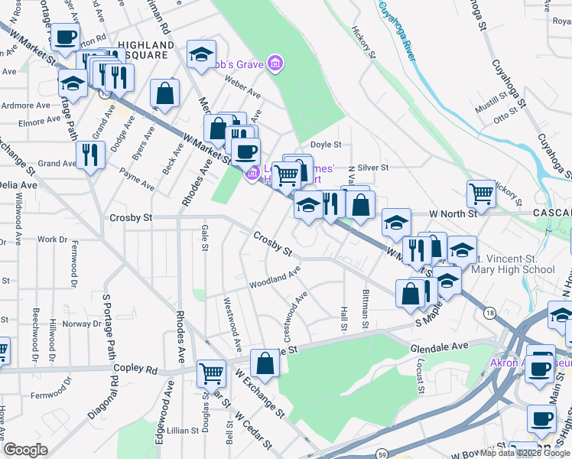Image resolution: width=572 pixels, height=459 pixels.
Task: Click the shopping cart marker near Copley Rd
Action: (x=211, y=373)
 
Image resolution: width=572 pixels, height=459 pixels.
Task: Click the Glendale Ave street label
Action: (x=439, y=347)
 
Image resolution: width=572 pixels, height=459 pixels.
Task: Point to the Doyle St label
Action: (x=325, y=144)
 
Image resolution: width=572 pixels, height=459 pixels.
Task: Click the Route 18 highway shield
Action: (x=489, y=312)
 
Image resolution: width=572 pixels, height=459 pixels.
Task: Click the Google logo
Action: (x=25, y=450)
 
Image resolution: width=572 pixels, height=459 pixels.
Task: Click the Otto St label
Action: (x=505, y=117)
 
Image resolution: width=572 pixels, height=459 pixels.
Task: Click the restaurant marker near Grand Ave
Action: (x=91, y=154)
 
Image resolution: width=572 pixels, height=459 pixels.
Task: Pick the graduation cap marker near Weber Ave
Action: (x=201, y=54)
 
